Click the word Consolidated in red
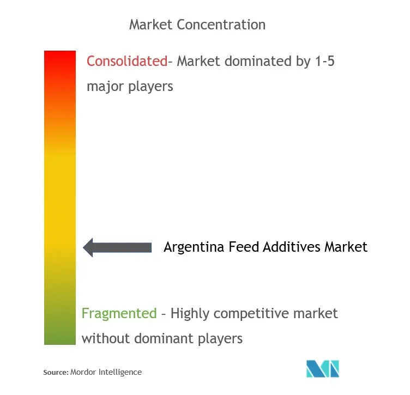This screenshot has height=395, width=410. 127,61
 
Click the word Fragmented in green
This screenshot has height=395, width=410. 119,313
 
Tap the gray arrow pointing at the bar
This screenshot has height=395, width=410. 117,247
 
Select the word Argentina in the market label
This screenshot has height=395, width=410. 194,247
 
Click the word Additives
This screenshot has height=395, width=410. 292,247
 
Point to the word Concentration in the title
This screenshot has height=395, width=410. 221,25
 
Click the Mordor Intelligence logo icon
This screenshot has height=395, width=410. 323,369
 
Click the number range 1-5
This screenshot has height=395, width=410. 325,61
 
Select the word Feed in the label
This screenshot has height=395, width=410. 244,247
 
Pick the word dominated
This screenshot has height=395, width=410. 258,61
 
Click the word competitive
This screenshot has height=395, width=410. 251,314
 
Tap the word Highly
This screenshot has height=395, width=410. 190,314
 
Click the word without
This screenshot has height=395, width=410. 106,338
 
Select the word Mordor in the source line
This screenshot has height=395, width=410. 83,372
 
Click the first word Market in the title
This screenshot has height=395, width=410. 151,25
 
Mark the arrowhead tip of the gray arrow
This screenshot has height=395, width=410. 83,247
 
